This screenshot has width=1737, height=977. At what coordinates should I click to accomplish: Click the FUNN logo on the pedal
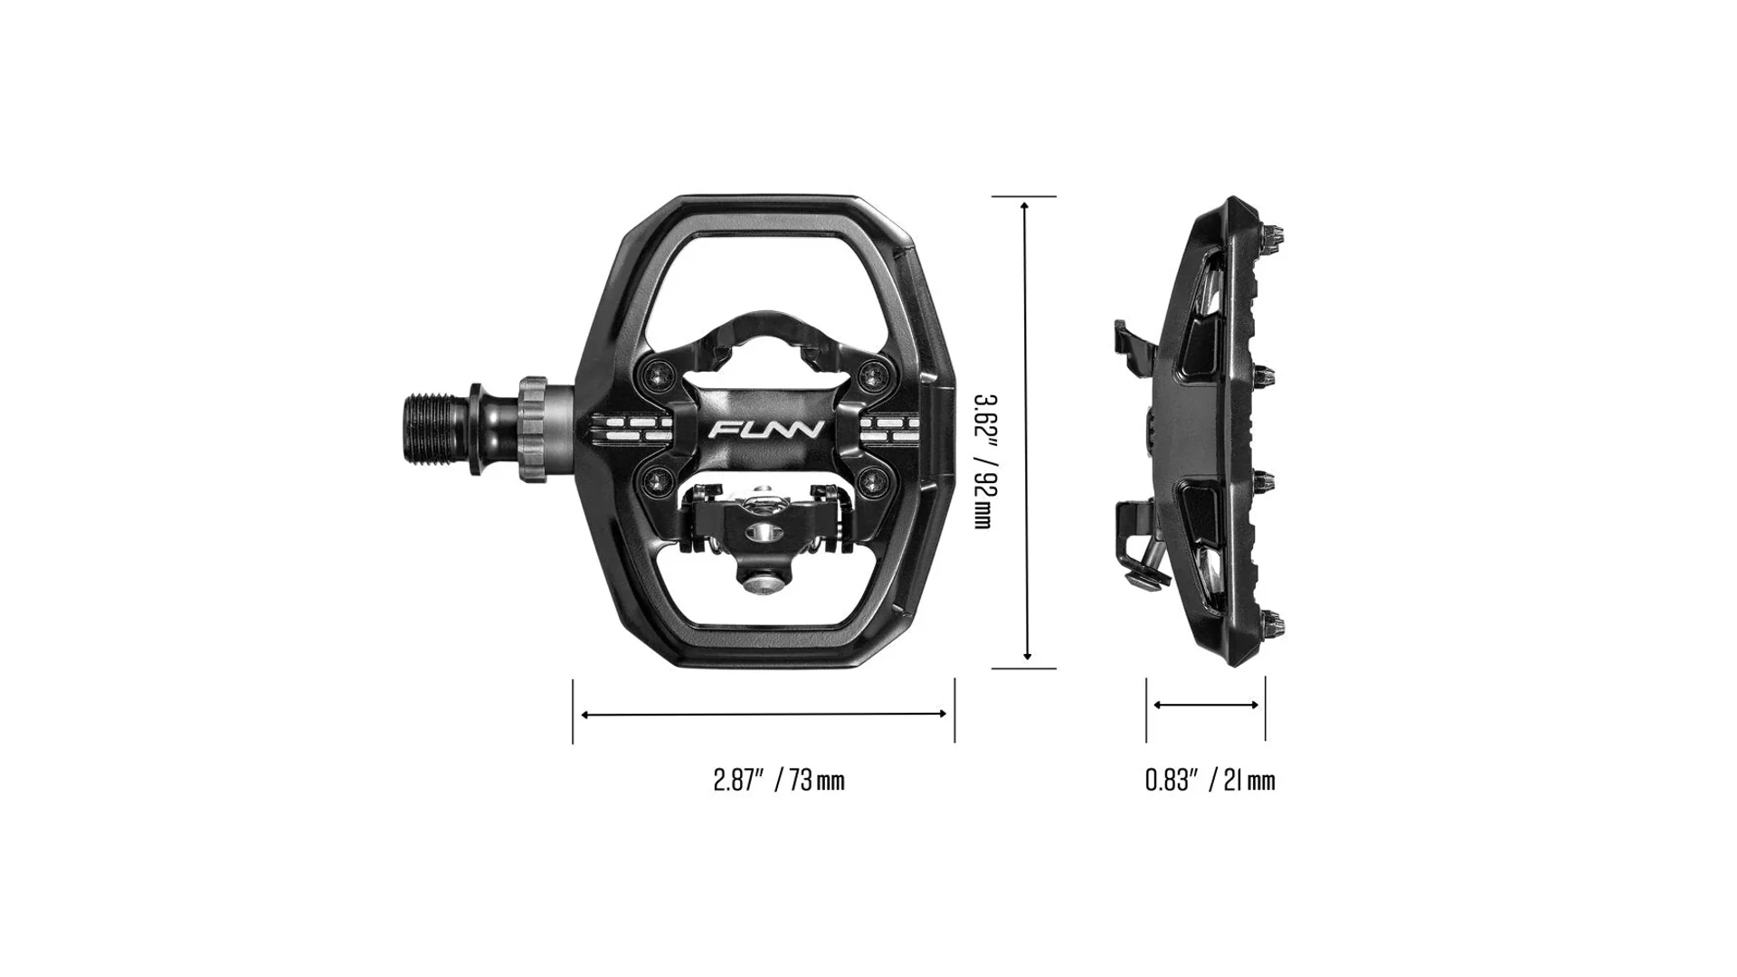765,429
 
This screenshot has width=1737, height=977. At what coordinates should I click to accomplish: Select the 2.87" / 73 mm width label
779,780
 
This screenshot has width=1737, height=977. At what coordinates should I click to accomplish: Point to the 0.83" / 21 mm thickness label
1210,780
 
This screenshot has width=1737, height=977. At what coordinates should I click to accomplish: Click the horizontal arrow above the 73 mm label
764,714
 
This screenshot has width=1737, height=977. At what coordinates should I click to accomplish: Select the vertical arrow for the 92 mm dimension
1025,431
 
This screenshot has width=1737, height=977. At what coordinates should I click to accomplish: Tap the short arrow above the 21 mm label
1206,705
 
